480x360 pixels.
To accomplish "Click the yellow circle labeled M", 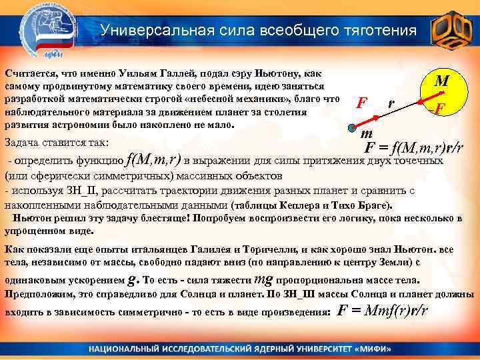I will [x=441, y=93].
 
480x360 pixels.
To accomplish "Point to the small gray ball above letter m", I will [x=353, y=127].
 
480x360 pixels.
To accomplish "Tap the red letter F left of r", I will [x=361, y=103].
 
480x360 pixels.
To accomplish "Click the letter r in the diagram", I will [x=391, y=103].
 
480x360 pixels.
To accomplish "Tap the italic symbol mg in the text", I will [x=263, y=279].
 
